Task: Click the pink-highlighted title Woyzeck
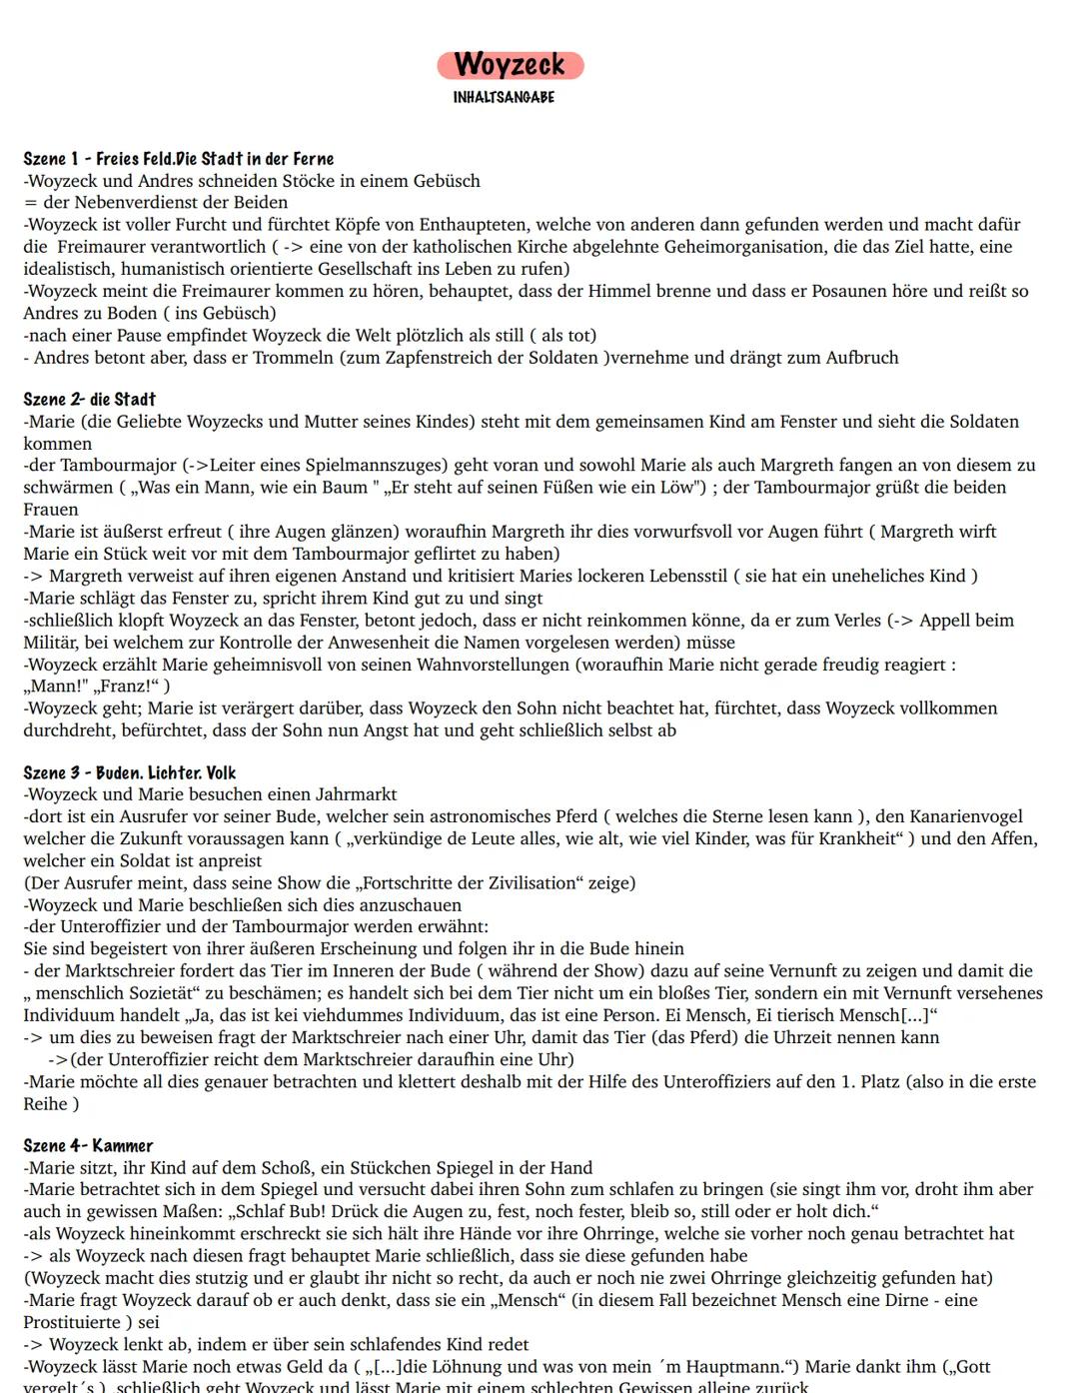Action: click(510, 65)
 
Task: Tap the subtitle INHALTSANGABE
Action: click(504, 97)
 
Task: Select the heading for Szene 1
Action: click(179, 159)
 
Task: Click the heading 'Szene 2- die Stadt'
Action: click(90, 400)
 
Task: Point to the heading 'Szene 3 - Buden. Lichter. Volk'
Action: click(130, 772)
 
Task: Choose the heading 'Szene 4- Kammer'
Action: click(88, 1146)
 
